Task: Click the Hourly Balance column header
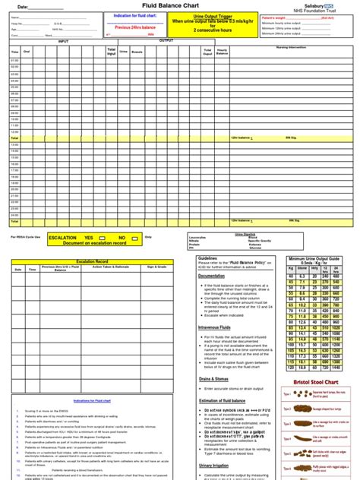pyautogui.click(x=223, y=52)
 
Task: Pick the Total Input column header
pyautogui.click(x=111, y=52)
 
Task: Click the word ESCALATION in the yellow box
pyautogui.click(x=63, y=238)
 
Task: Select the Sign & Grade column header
pyautogui.click(x=156, y=267)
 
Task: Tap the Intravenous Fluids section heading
pyautogui.click(x=216, y=327)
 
